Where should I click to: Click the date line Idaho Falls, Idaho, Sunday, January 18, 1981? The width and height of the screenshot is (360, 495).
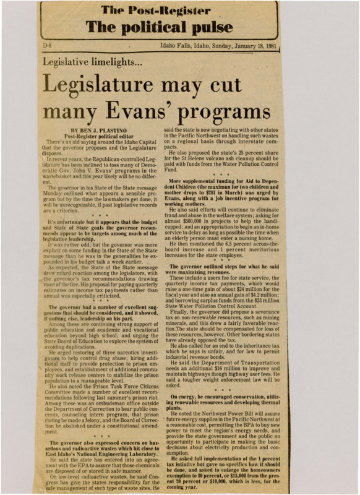[x=219, y=46]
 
